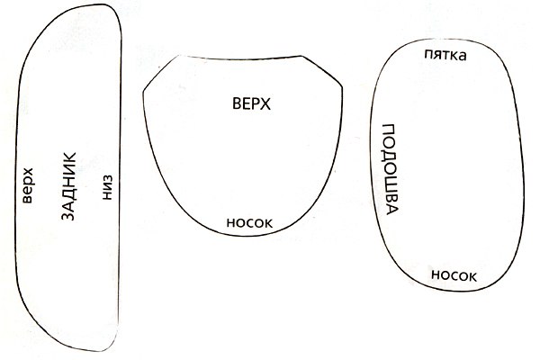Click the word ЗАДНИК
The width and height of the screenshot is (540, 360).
68,186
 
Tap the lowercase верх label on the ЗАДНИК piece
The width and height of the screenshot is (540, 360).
27,185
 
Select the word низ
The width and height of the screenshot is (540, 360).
107,187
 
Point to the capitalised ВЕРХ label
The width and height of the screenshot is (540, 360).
251,103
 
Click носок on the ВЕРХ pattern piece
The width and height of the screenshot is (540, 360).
249,223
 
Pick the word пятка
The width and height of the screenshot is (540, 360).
445,55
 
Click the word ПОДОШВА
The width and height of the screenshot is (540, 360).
391,169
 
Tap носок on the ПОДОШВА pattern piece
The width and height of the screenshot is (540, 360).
454,275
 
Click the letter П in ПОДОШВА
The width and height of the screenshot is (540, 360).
389,129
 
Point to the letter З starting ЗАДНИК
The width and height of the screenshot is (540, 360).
68,216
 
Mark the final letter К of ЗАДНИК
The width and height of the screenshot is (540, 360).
68,157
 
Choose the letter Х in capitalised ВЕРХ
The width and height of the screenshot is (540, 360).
266,103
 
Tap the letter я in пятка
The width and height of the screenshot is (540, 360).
437,56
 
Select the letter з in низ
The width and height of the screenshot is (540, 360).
107,178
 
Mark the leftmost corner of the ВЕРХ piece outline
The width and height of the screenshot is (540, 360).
143,92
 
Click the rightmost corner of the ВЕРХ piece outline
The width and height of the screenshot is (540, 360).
342,85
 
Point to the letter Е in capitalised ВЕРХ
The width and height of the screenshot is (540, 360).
247,103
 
